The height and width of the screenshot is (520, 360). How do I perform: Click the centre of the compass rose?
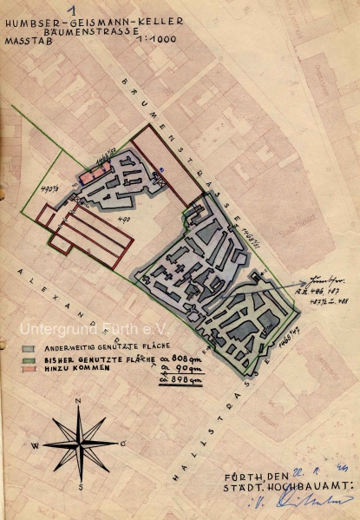click(81, 444)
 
